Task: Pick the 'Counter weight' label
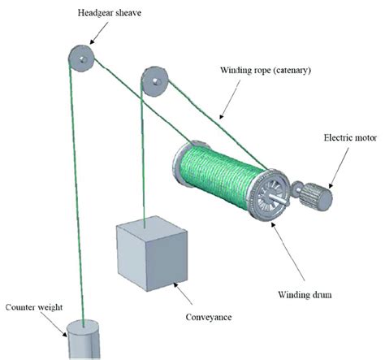tap(34, 308)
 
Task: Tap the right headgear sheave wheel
tap(154, 81)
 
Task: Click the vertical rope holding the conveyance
tap(143, 163)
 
